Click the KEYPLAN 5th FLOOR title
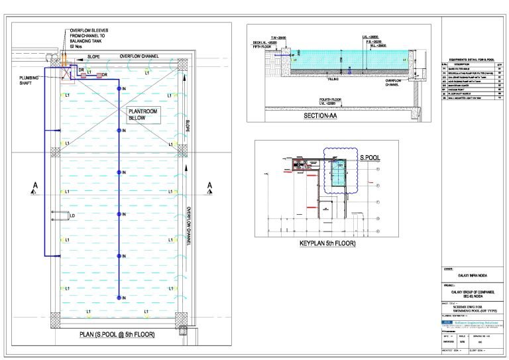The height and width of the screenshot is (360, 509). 327,244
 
